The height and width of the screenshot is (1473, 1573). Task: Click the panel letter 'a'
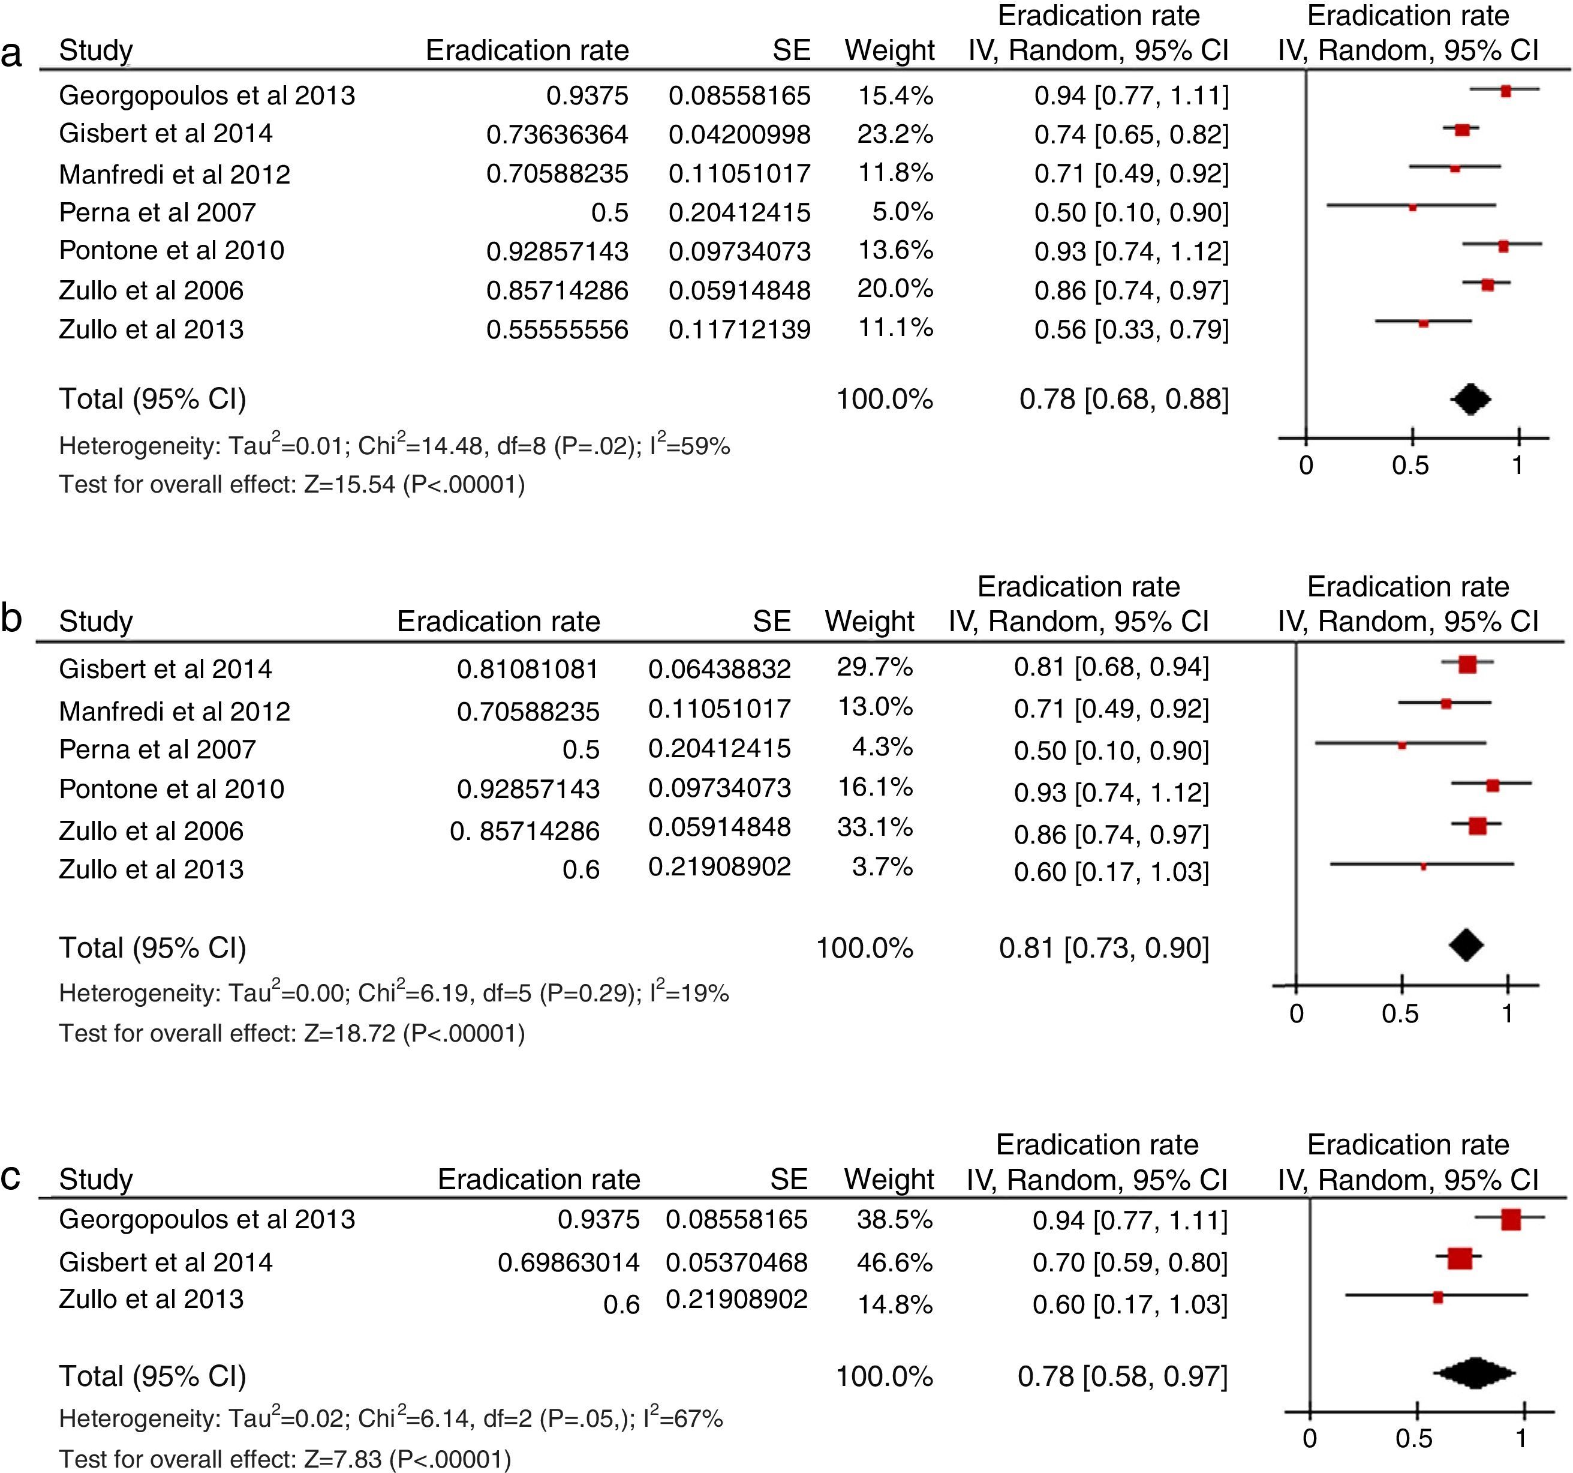point(12,54)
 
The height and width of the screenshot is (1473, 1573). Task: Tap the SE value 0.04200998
point(739,134)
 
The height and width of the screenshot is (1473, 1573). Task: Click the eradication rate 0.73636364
point(557,134)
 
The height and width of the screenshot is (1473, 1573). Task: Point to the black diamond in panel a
point(1470,399)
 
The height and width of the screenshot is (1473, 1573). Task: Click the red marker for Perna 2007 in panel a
point(1412,208)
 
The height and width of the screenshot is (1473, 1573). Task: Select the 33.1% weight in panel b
point(875,828)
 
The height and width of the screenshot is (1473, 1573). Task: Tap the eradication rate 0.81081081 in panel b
point(528,670)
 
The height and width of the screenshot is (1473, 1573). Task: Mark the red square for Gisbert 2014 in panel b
point(1467,664)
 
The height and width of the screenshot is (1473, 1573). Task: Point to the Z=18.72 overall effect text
point(349,1034)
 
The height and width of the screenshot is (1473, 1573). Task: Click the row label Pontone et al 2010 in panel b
point(172,789)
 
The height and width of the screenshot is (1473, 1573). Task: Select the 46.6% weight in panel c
point(895,1262)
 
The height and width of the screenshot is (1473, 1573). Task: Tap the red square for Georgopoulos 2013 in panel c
point(1511,1220)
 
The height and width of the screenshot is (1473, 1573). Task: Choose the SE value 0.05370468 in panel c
point(736,1262)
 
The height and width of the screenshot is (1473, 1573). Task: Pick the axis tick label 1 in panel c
point(1521,1438)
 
